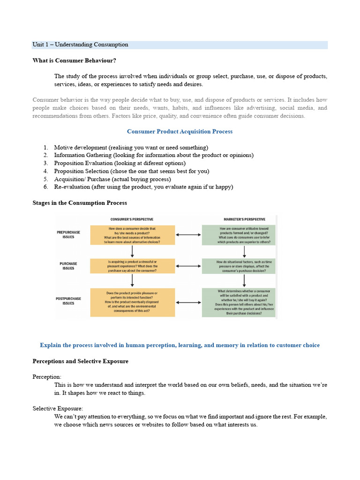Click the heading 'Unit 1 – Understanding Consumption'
point(80,45)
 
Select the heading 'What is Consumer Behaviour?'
point(74,60)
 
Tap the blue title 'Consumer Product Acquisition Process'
point(180,131)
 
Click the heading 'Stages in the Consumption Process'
point(80,203)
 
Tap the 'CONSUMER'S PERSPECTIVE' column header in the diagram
point(132,219)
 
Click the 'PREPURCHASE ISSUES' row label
point(68,234)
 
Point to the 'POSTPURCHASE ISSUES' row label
point(68,301)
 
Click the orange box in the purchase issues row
point(133,266)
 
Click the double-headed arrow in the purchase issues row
point(188,266)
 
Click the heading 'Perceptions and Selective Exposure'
point(80,361)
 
